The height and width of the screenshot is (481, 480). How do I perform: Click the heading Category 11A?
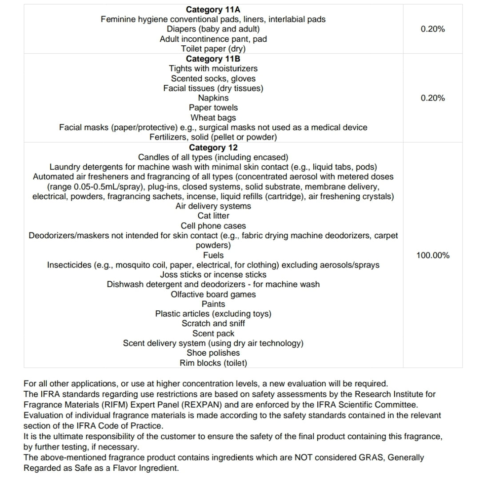pyautogui.click(x=213, y=10)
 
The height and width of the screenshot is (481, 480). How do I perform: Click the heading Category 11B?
pyautogui.click(x=213, y=59)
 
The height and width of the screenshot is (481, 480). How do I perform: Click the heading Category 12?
pyautogui.click(x=213, y=148)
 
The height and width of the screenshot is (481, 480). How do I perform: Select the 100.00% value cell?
pyautogui.click(x=432, y=255)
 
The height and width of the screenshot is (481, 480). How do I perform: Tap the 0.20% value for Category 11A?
pyautogui.click(x=432, y=29)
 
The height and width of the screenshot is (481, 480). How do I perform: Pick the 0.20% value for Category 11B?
pyautogui.click(x=432, y=98)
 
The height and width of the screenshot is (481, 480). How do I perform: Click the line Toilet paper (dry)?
pyautogui.click(x=213, y=49)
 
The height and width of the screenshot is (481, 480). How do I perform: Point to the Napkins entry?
pyautogui.click(x=213, y=98)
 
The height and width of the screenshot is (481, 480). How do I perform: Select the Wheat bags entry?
pyautogui.click(x=213, y=118)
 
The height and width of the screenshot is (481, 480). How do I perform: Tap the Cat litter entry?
pyautogui.click(x=213, y=216)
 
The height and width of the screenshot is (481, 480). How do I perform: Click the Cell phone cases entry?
pyautogui.click(x=213, y=226)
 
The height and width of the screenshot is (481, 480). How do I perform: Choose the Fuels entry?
pyautogui.click(x=213, y=255)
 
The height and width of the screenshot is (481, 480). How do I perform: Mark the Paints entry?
pyautogui.click(x=213, y=304)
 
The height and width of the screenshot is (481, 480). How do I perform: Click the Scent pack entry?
pyautogui.click(x=213, y=333)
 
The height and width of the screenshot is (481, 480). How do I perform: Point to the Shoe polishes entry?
pyautogui.click(x=213, y=353)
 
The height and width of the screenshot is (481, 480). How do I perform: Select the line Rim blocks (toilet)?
pyautogui.click(x=213, y=363)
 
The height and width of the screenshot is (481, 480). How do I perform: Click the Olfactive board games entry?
pyautogui.click(x=213, y=294)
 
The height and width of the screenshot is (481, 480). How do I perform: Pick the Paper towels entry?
pyautogui.click(x=213, y=108)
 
